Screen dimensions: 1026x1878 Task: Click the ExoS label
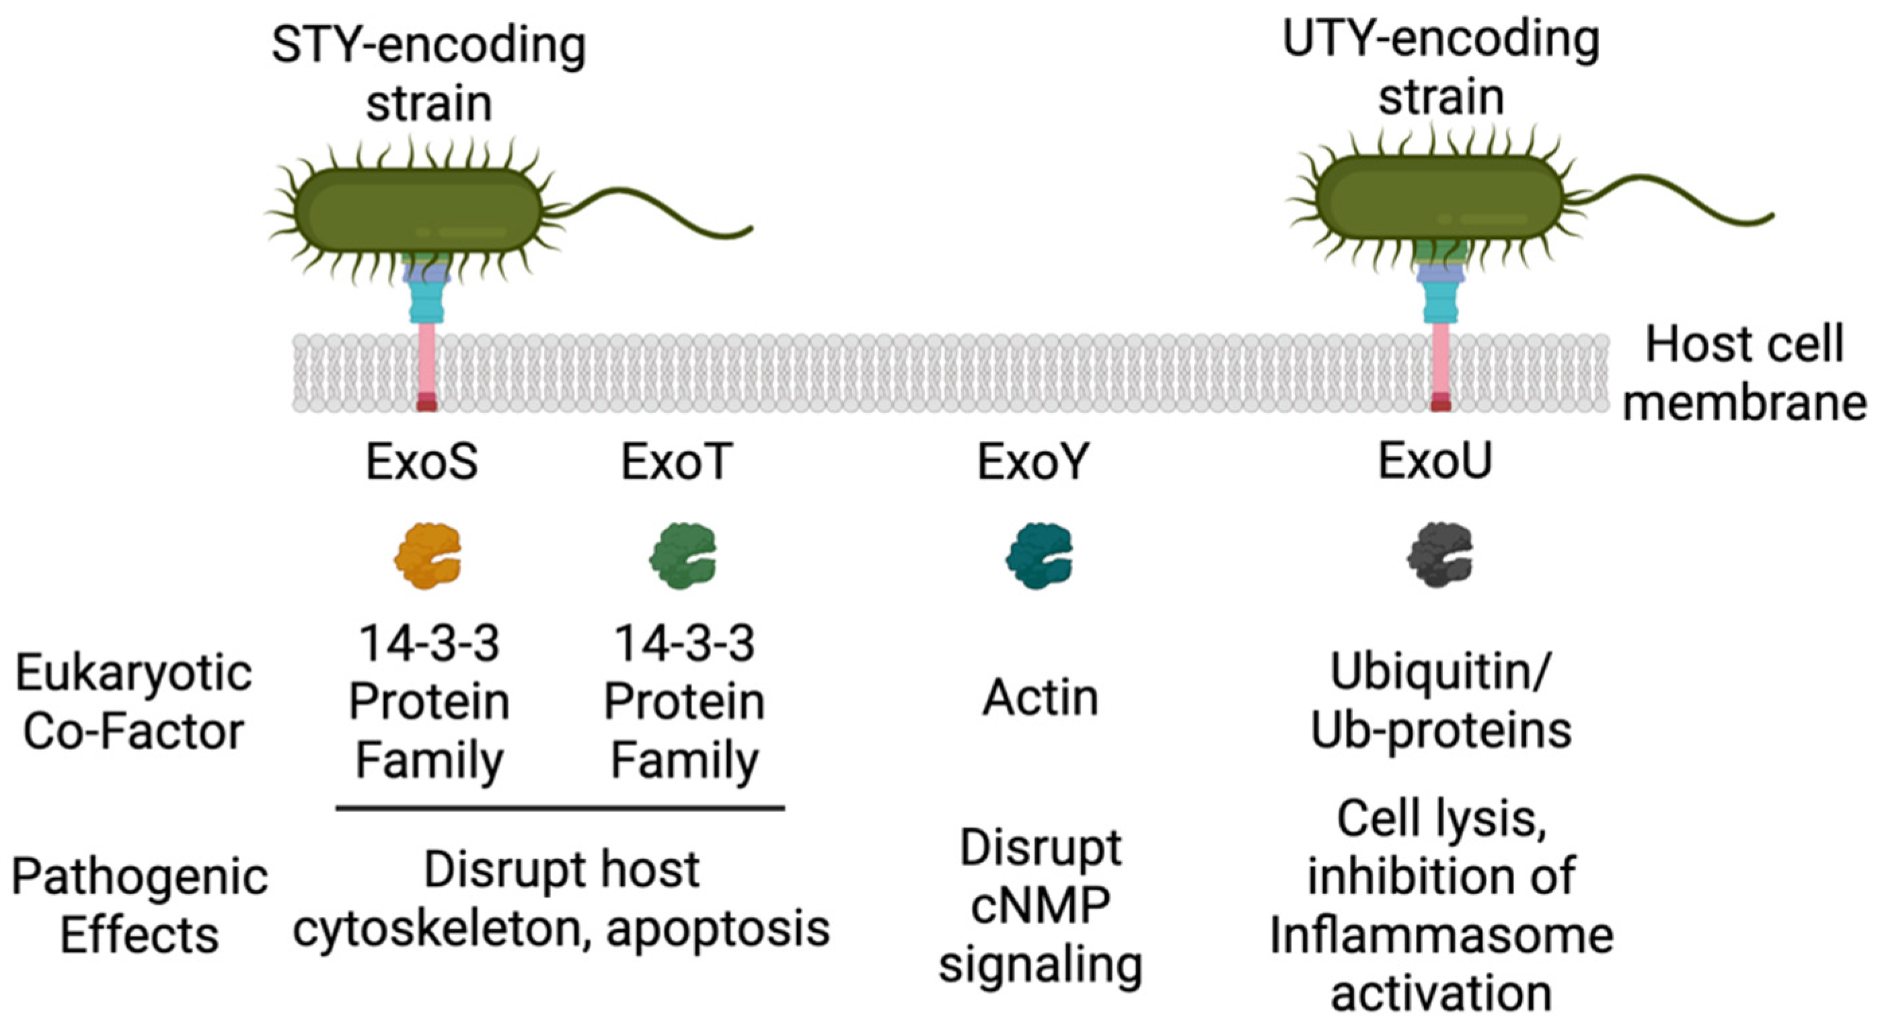point(421,462)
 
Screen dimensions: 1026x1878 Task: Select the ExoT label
point(676,462)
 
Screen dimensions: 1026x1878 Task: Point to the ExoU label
point(1434,461)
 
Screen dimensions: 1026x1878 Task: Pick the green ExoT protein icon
point(683,556)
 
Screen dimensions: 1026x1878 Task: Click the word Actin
point(1040,698)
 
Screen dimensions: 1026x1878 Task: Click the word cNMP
point(1040,906)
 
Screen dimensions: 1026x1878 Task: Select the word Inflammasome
point(1441,935)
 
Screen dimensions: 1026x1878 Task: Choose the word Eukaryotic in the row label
point(133,672)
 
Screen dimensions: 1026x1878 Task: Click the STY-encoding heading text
point(428,45)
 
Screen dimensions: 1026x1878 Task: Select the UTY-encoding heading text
point(1441,40)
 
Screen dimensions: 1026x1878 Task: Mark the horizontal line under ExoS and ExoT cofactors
point(560,808)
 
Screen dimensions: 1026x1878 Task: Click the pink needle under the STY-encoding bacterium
point(426,361)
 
